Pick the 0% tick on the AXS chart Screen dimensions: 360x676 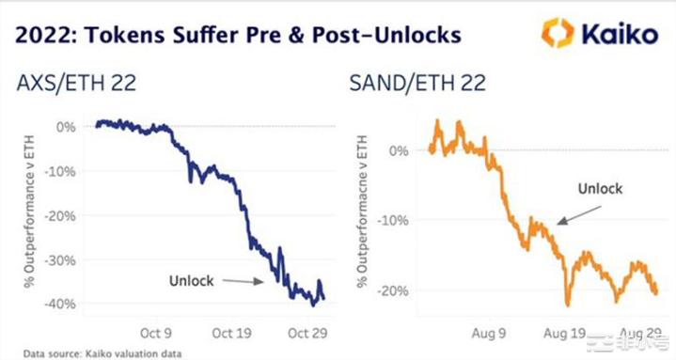[68, 126]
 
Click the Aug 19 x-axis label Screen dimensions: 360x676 [565, 334]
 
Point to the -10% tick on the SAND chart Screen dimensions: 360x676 [392, 220]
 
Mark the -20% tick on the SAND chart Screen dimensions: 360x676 [392, 290]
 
